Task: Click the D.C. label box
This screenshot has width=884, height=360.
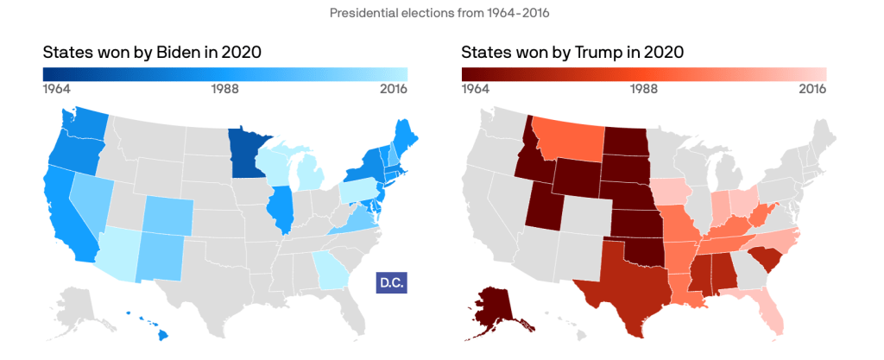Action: tap(391, 281)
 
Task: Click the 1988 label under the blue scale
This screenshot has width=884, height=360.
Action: tap(225, 88)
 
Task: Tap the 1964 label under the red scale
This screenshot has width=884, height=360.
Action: tap(477, 88)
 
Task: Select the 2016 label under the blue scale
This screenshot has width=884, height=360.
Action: tap(393, 88)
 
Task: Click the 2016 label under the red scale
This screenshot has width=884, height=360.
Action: tap(812, 88)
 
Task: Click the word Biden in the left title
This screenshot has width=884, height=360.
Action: tap(182, 53)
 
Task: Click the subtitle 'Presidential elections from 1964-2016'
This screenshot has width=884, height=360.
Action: tap(441, 13)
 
